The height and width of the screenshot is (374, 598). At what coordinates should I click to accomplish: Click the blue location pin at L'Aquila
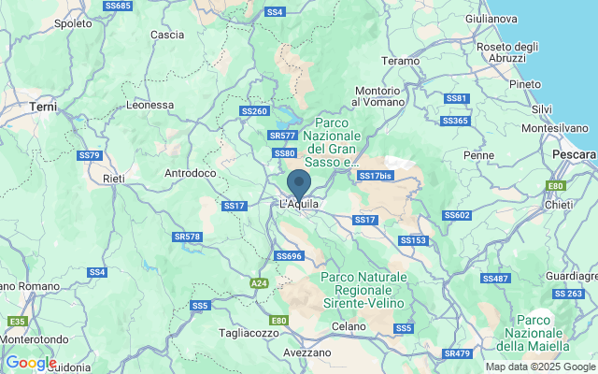coord(299,183)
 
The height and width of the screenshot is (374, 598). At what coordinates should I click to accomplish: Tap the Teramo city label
coord(400,61)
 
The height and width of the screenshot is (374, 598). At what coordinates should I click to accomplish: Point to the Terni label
coord(44,108)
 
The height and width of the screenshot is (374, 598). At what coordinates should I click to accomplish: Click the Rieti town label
coord(114,178)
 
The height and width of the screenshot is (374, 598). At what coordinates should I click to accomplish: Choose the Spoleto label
coord(73,23)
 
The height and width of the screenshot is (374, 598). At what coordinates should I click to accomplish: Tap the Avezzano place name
coord(306,352)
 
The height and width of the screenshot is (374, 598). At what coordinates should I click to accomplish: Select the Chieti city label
coord(558,204)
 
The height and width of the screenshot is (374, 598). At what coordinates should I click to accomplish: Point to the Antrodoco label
coord(191,173)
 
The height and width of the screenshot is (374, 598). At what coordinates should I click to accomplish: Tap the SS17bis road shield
coord(376,176)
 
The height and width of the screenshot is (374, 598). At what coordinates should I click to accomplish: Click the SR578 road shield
coord(188,237)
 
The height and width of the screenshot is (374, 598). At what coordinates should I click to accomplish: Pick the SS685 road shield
coord(119,6)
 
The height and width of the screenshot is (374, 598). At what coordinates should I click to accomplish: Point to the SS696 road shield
coord(289,255)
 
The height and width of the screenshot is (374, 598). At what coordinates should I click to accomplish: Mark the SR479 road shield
coord(458,353)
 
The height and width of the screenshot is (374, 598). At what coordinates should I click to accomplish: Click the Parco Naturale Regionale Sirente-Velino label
coord(363,291)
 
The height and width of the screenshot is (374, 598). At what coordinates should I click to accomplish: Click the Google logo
coord(31,363)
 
